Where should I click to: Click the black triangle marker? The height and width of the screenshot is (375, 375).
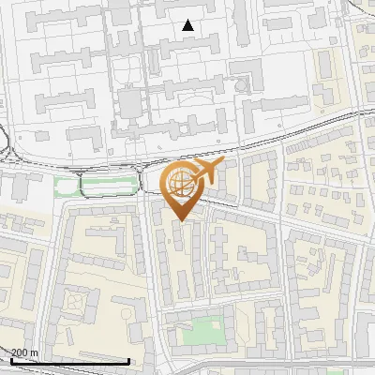[188, 25]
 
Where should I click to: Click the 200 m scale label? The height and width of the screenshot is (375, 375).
[25, 352]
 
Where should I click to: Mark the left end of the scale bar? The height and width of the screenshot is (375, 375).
[10, 361]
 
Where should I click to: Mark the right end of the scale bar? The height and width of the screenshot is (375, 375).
[128, 361]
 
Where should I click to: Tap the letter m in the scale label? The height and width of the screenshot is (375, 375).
[35, 352]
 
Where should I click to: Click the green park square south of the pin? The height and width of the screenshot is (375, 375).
[202, 332]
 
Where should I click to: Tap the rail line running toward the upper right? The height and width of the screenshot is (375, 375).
[309, 132]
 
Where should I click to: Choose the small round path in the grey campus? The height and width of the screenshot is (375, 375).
[243, 85]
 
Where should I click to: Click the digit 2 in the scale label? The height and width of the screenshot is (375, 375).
[15, 352]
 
